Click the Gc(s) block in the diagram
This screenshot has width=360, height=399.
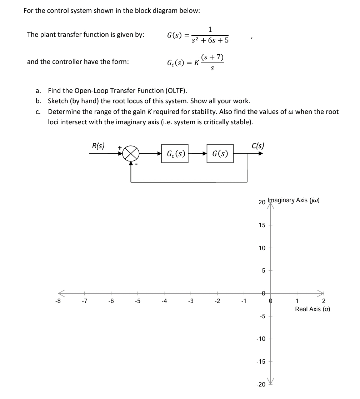[175, 154]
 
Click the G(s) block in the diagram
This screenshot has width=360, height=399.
[220, 154]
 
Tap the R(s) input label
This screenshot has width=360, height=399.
[98, 146]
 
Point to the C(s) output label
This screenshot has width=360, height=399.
[258, 146]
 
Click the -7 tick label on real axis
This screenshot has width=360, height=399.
[84, 301]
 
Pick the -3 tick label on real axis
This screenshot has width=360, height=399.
[190, 301]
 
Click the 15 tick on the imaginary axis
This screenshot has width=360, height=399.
[262, 225]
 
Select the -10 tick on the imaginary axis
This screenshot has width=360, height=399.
[261, 339]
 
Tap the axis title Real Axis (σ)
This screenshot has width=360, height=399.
[312, 309]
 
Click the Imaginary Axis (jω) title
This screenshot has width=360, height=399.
[293, 200]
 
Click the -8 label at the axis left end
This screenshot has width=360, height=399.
[58, 301]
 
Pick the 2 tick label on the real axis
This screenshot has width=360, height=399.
[324, 301]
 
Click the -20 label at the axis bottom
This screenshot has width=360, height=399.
[261, 385]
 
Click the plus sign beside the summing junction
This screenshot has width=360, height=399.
[120, 147]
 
